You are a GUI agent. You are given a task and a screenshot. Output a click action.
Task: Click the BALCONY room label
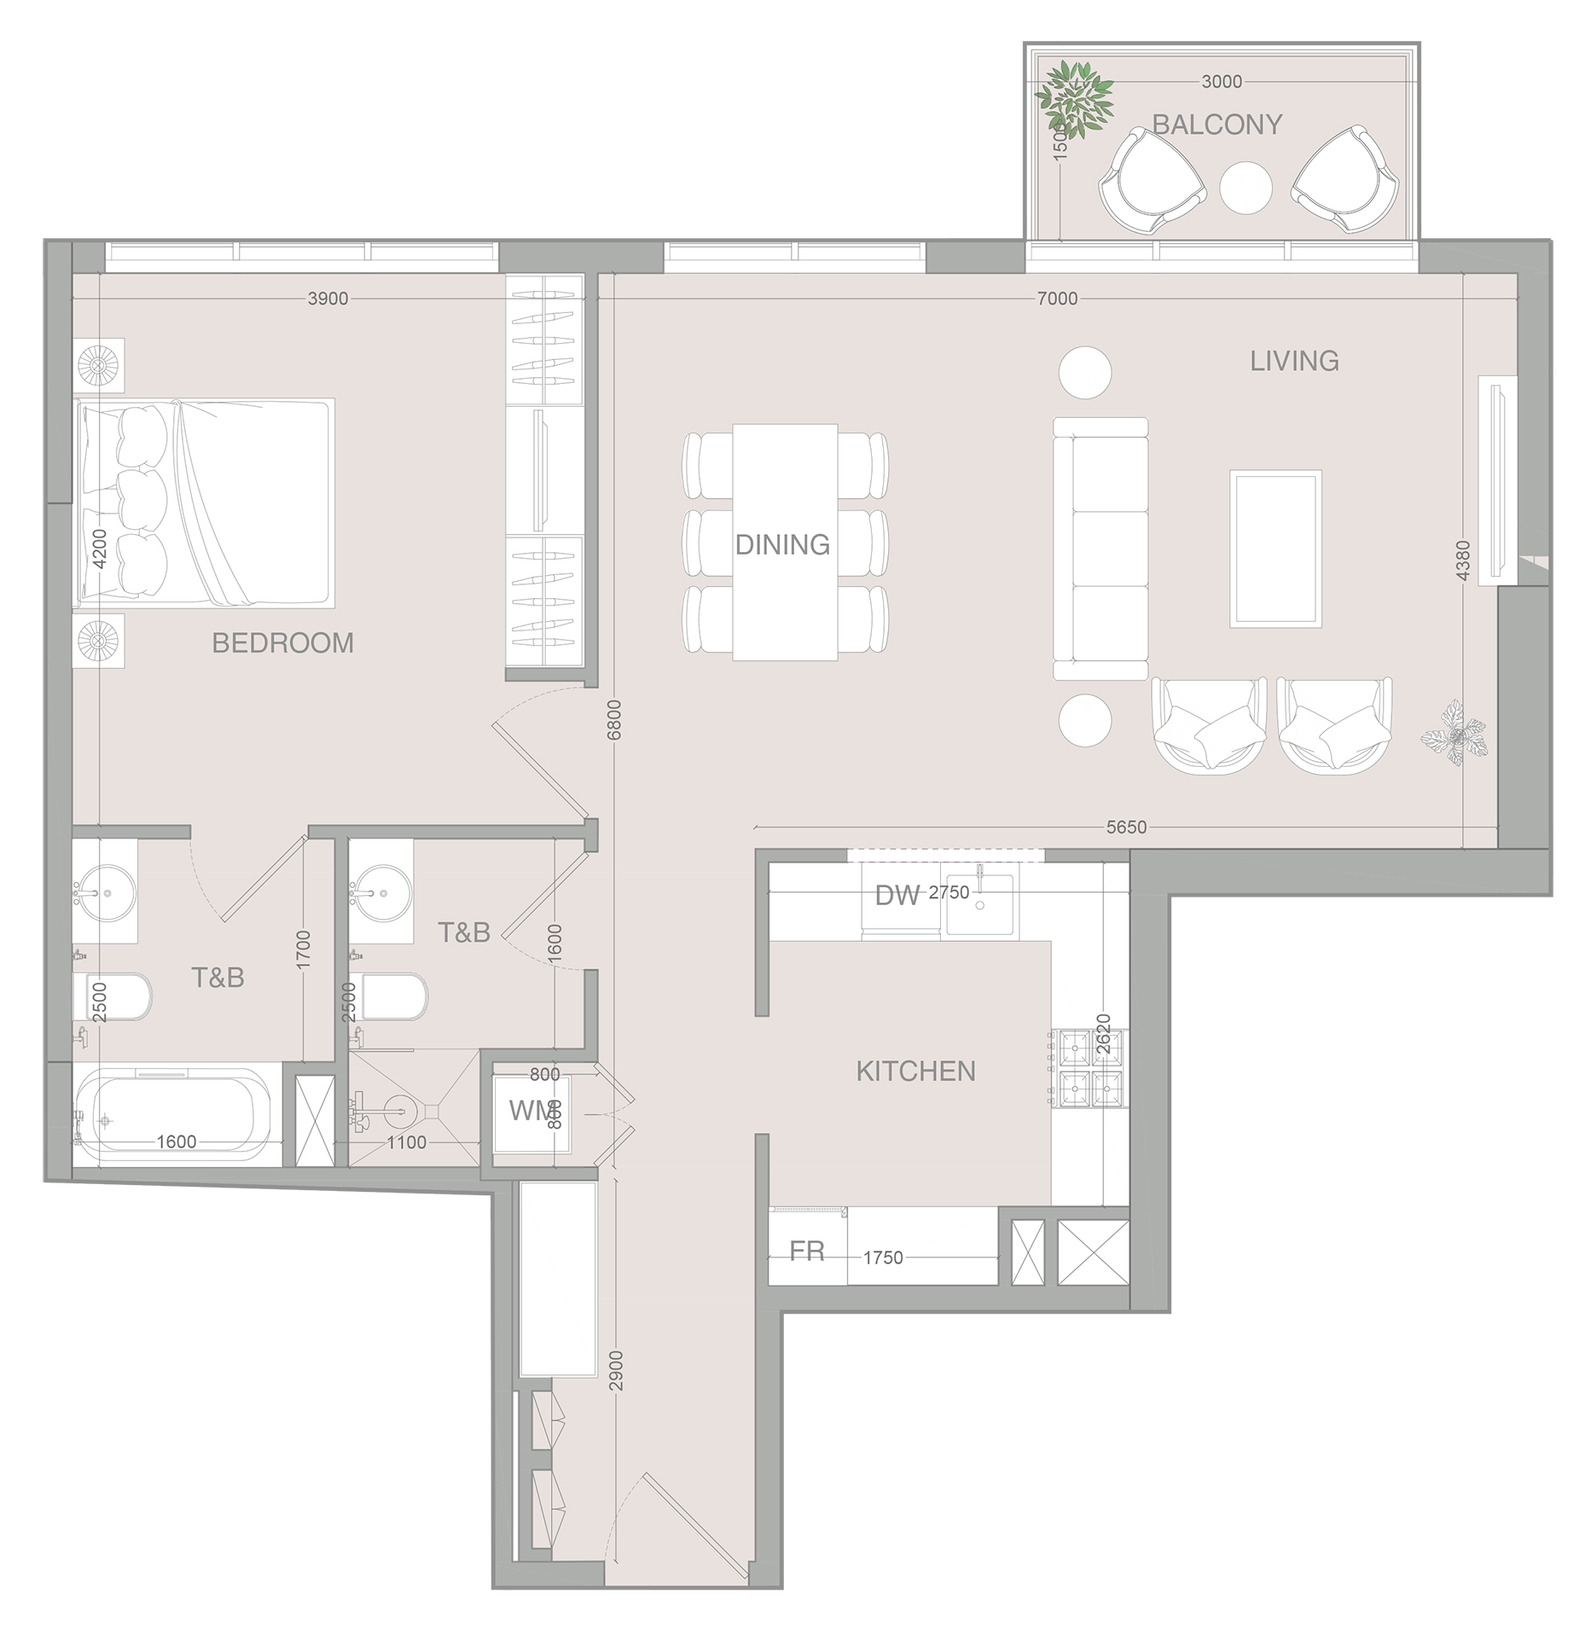tap(1216, 125)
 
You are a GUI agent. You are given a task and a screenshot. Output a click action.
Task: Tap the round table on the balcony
tap(1246, 188)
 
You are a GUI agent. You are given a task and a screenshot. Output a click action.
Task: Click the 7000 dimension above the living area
tap(1057, 299)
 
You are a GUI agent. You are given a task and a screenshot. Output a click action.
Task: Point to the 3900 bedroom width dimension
tap(328, 299)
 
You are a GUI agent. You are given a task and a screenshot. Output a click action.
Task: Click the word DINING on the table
tap(782, 544)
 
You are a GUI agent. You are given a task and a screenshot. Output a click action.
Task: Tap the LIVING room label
tap(1294, 361)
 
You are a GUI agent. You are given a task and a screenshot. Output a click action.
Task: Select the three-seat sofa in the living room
tap(1100, 548)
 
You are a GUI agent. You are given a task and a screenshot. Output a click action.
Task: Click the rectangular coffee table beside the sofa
tap(1275, 549)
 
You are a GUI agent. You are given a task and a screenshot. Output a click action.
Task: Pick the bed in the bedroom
tap(205, 503)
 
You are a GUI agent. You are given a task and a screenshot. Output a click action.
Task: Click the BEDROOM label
tap(282, 642)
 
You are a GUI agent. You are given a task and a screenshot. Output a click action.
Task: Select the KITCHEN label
tap(915, 1071)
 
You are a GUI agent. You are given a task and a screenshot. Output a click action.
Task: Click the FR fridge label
tap(806, 1252)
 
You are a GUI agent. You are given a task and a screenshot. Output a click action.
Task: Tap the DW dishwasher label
tap(897, 895)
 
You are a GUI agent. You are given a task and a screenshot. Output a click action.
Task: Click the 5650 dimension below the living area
tap(1126, 827)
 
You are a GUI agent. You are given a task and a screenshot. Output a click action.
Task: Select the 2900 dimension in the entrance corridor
tap(617, 1370)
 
